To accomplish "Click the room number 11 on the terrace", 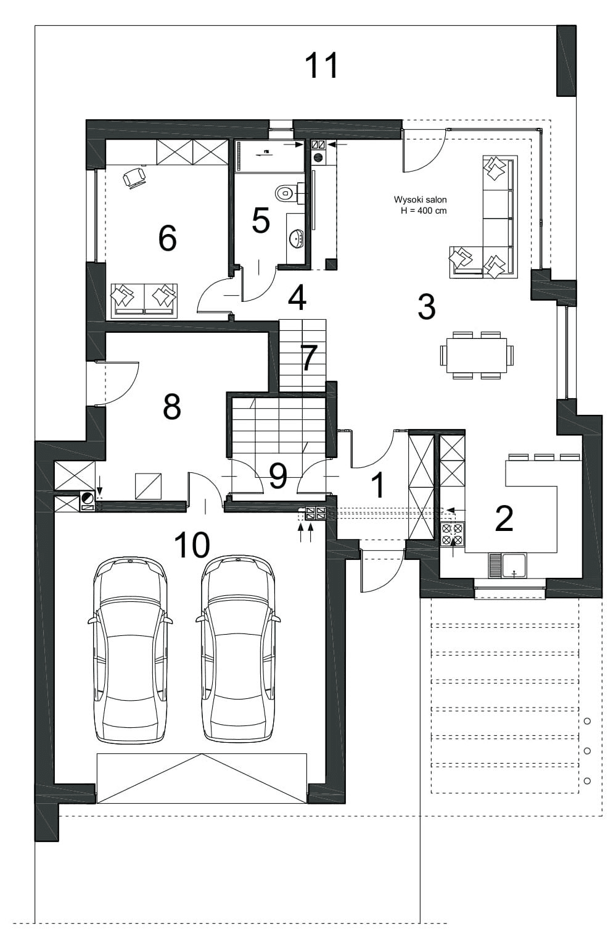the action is coord(322,65).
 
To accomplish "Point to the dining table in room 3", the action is coord(477,355).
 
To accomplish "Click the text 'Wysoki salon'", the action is coord(420,199).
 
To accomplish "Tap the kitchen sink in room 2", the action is coord(507,566).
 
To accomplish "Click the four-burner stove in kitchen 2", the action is coord(453,534).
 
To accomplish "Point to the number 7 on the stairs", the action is coord(309,357).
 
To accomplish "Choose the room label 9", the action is coord(278,476).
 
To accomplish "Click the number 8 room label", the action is coord(172,406).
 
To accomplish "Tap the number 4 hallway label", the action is coord(297,297).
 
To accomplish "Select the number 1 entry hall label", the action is coord(379,485).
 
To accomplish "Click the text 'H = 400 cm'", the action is coord(424,211).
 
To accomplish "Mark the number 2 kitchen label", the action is coord(504,519).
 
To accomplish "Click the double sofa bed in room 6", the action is coord(144,301).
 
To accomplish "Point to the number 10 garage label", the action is coord(192,545).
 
